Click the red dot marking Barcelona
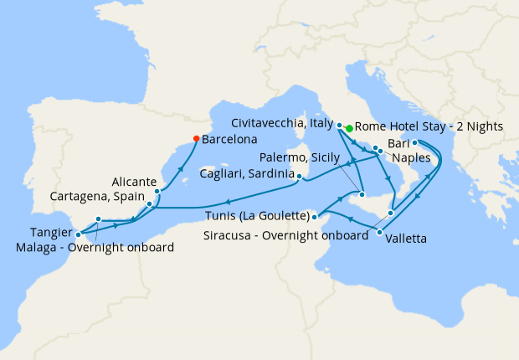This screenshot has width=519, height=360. coord(195,138)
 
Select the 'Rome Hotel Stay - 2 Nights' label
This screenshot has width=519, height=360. coord(429,127)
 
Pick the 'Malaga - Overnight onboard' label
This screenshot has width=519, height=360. coord(95,247)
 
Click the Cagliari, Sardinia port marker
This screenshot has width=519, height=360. coord(300,176)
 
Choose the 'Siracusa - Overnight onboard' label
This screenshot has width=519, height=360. coord(285,235)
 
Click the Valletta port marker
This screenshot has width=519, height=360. coord(380,232)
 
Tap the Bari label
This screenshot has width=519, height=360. coord(398,144)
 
